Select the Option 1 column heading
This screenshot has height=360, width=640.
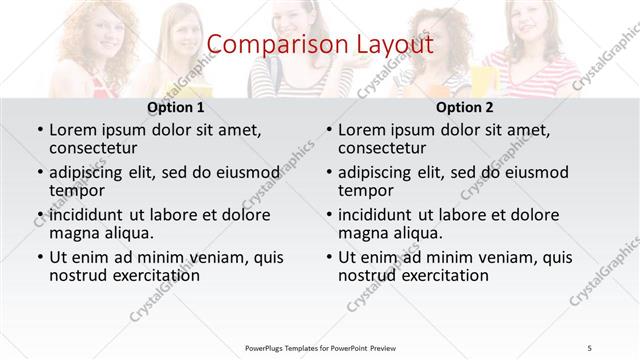click(176, 107)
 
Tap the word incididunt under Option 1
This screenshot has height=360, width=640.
click(92, 215)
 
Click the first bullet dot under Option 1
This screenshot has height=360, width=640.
click(39, 130)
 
